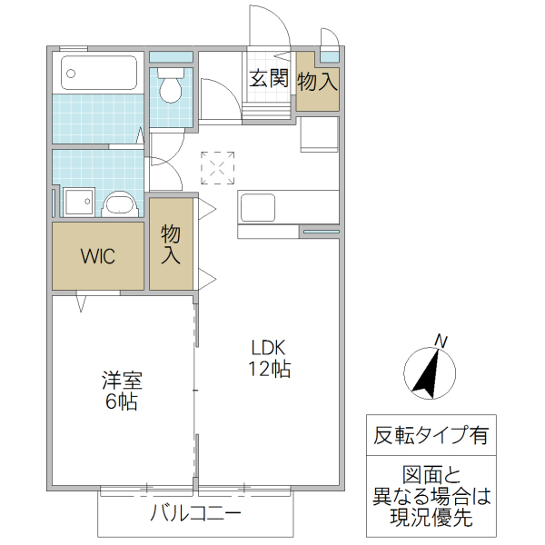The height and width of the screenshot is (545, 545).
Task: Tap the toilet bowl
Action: [170, 89]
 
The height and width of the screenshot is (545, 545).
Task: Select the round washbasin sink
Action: [118, 203]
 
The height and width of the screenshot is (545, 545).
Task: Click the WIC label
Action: [97, 255]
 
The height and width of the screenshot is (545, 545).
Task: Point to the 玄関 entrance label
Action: [269, 79]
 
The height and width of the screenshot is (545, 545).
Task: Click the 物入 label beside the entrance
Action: [317, 81]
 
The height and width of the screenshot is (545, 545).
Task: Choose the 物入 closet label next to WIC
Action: [171, 243]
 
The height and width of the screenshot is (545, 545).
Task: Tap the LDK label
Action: [269, 347]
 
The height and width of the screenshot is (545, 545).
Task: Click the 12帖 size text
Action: [269, 369]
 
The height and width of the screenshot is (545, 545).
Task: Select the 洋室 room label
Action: [121, 381]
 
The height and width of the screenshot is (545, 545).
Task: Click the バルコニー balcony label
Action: [195, 515]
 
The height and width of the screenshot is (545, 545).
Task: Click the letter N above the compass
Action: [441, 341]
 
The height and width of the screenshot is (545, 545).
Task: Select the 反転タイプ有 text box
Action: [431, 435]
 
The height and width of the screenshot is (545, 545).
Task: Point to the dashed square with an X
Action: [218, 167]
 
